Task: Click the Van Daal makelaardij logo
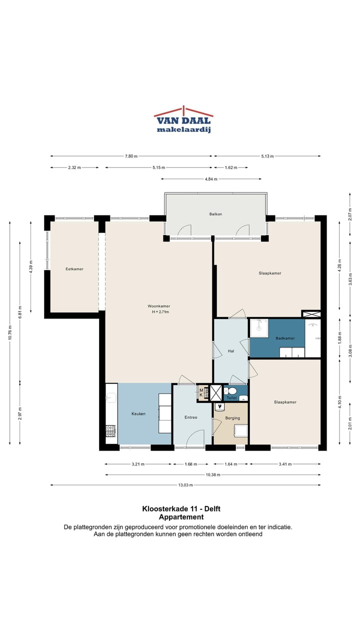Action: [x=183, y=119]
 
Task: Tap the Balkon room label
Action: [x=215, y=214]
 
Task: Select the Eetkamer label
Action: [x=74, y=269]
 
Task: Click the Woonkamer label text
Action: [x=159, y=306]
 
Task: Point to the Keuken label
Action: [x=138, y=413]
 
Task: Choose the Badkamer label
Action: [x=285, y=338]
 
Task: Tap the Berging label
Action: [x=232, y=418]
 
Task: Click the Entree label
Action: [x=191, y=417]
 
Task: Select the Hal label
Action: [x=231, y=351]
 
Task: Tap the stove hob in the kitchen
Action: [x=111, y=431]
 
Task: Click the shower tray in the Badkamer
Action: [x=259, y=328]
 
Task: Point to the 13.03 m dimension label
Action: [x=185, y=485]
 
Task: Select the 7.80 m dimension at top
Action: [x=131, y=156]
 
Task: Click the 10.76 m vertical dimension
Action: [x=10, y=332]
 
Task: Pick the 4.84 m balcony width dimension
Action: [x=211, y=179]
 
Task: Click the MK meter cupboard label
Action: [x=201, y=392]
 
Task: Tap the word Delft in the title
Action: [x=212, y=508]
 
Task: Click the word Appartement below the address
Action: [x=181, y=517]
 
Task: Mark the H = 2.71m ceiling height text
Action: [x=160, y=311]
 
